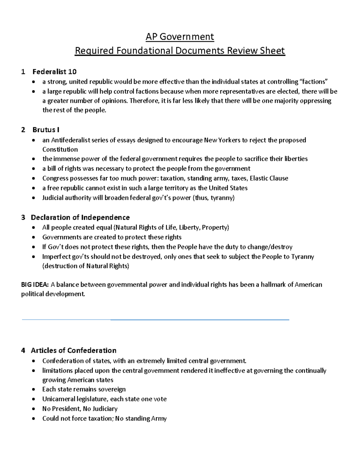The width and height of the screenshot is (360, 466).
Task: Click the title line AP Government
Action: (180, 37)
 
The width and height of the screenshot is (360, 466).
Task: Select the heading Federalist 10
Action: (54, 72)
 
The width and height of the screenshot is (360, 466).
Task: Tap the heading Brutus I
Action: (46, 130)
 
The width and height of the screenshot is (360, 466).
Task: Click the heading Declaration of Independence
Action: (80, 218)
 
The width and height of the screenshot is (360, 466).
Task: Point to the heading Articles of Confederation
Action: (73, 350)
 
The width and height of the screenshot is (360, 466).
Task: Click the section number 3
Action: (23, 218)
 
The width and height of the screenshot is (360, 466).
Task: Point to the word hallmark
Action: (273, 285)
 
